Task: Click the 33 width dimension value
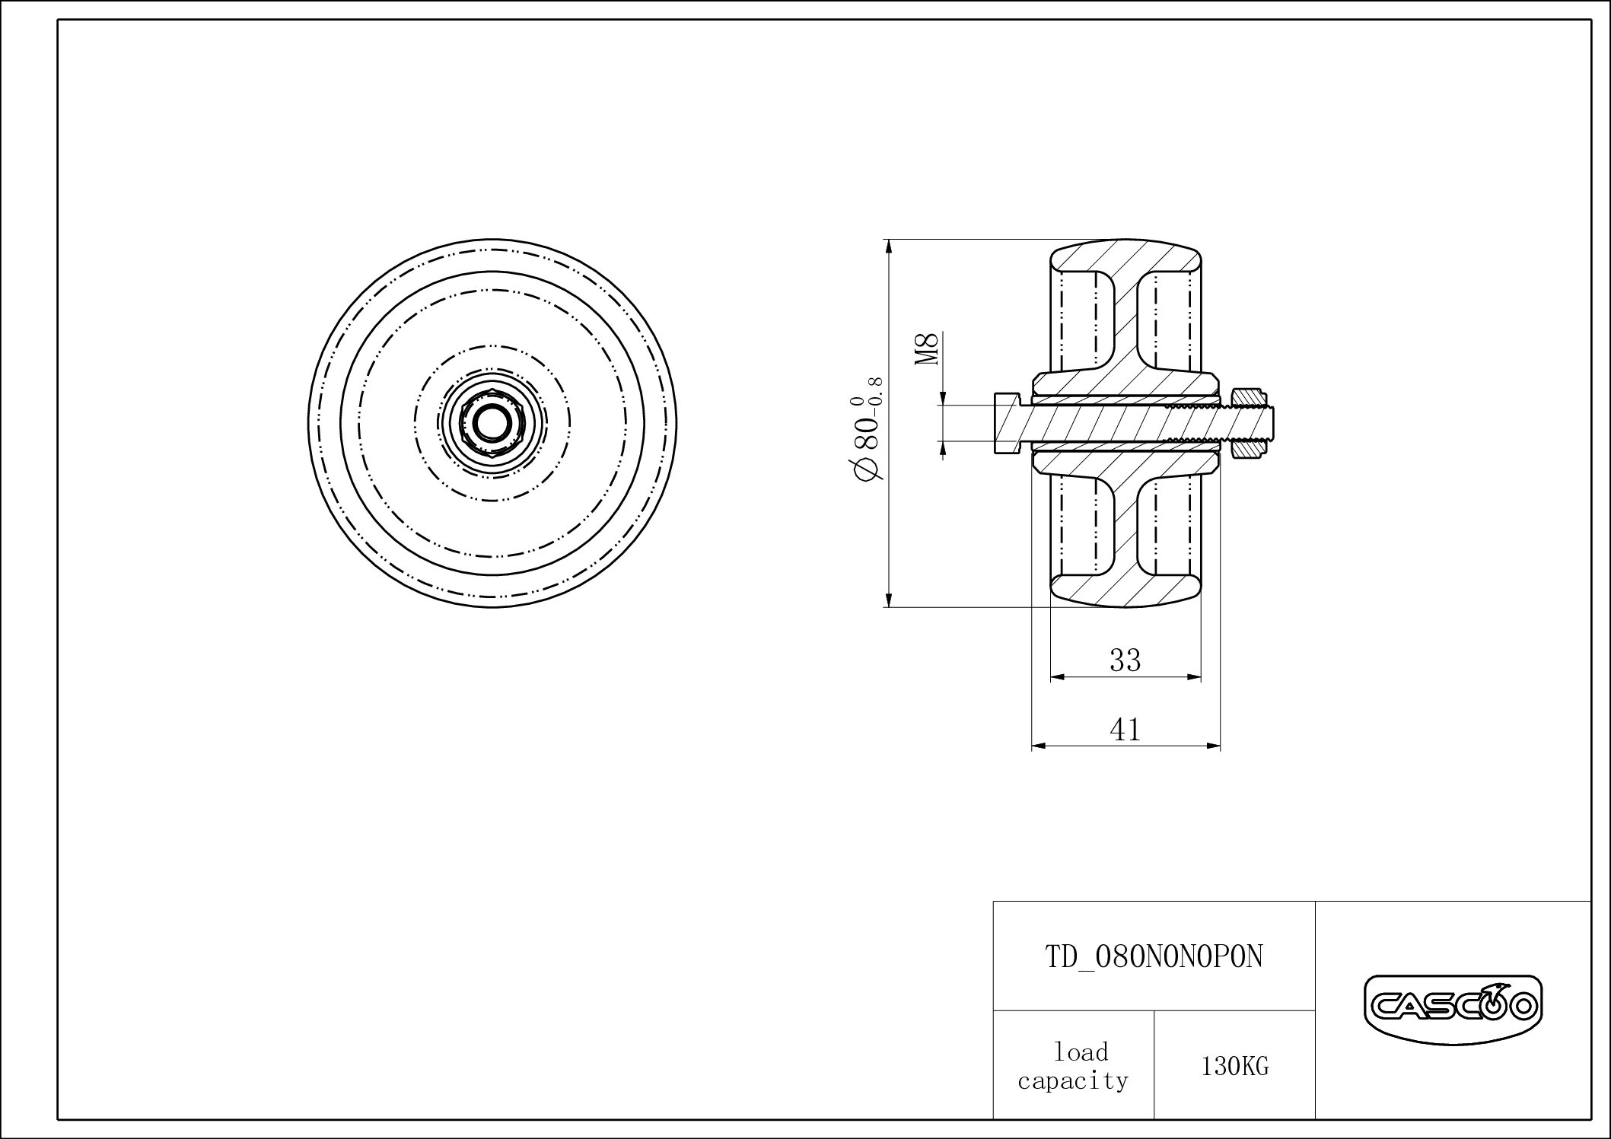(x=1125, y=660)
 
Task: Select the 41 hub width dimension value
(x=1125, y=730)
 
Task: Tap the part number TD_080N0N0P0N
(x=1154, y=957)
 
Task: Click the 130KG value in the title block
(x=1234, y=1067)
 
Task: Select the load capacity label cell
(x=1073, y=1067)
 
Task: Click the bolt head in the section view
(x=1006, y=424)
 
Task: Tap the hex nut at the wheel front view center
(x=491, y=424)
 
